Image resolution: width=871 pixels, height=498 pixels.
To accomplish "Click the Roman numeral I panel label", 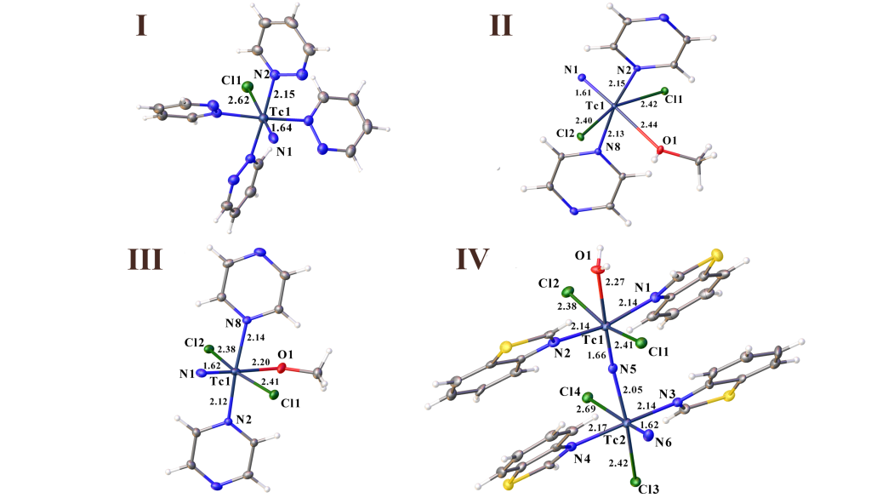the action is pos(142,26).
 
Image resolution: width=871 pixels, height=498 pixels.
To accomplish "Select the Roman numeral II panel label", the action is pos(501,26).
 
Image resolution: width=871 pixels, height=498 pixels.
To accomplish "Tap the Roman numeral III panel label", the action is pos(145,260).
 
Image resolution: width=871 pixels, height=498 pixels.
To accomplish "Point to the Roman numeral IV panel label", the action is pos(473,259).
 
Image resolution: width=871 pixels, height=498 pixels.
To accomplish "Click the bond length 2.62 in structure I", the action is pos(238,100).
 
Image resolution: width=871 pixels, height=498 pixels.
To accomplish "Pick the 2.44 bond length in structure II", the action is pos(650,124).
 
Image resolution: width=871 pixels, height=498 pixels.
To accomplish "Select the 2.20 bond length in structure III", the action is pos(261,363).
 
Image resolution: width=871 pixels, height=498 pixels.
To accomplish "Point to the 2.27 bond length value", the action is pos(615,283).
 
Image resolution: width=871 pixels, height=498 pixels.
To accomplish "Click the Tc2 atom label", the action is pos(615,440).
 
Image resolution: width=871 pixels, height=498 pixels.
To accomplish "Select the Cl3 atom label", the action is pos(649,489).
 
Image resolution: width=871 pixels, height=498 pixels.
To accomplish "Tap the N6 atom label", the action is pos(663,443).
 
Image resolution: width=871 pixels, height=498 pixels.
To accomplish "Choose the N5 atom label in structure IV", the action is pos(629,369).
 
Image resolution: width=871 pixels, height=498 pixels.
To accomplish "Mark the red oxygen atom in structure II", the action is pos(660,150).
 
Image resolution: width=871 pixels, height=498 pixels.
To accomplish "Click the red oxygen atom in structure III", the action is pos(282,368).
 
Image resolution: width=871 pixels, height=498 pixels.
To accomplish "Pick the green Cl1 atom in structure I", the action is pos(248,87).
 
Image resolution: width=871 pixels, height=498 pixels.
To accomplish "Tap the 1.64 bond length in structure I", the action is pos(282,128).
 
